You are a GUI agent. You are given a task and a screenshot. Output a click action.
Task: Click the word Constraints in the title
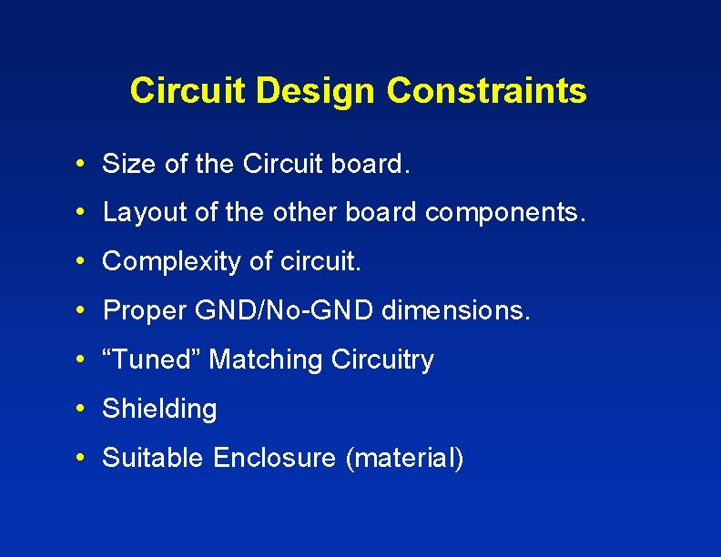(486, 91)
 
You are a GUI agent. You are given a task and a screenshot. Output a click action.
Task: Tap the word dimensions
(455, 311)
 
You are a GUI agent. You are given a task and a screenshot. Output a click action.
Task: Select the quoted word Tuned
(152, 360)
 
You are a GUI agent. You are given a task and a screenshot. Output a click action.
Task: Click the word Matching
(266, 360)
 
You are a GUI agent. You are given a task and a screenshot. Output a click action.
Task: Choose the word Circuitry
(382, 360)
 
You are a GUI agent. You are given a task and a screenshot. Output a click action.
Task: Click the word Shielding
(160, 410)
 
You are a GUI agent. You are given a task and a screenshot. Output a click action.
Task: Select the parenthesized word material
(404, 458)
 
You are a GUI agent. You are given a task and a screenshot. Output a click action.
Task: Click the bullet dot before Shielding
(82, 409)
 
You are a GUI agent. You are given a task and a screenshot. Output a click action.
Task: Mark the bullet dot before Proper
(82, 310)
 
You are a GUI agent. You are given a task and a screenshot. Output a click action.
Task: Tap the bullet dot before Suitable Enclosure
(82, 457)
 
